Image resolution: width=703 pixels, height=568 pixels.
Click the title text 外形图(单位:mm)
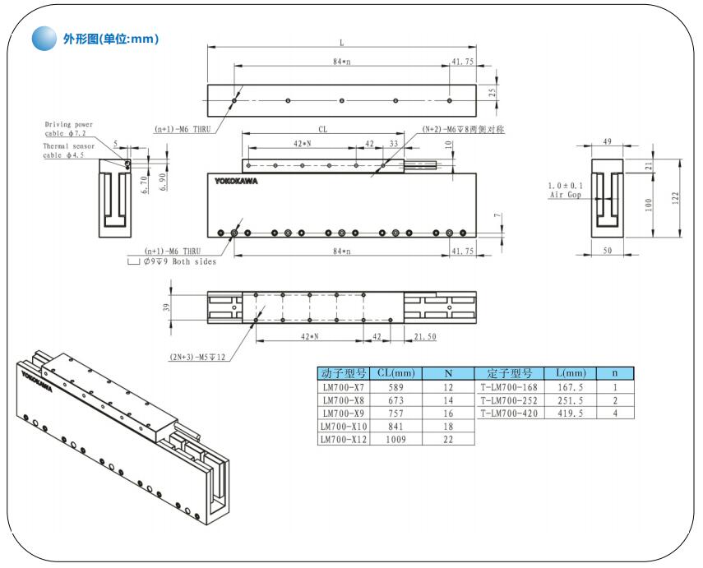[x=110, y=39]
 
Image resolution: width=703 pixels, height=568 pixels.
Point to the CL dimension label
[x=323, y=129]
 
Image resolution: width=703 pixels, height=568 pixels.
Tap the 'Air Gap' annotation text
[x=564, y=195]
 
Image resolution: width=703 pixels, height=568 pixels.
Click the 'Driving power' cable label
[x=69, y=125]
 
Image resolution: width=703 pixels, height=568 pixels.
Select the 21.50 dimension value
[x=425, y=337]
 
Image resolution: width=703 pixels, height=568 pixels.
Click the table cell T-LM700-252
[x=508, y=399]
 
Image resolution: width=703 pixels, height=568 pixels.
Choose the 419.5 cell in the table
[x=570, y=413]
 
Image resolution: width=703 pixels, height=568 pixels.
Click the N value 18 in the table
[x=448, y=426]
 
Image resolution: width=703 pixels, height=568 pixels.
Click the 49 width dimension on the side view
[x=608, y=142]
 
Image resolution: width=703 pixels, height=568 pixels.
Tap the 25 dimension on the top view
[x=493, y=93]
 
